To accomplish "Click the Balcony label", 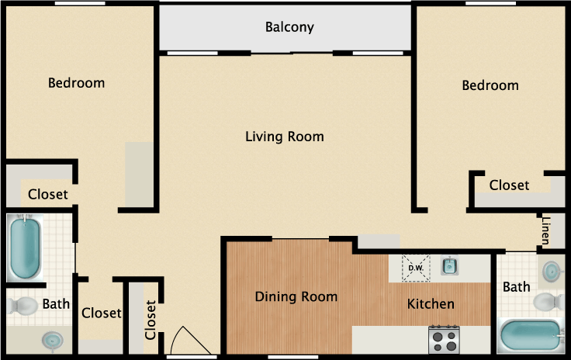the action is [x=289, y=27].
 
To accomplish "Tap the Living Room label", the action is [x=285, y=137].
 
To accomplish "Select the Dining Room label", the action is [x=296, y=296].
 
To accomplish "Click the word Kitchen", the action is [x=431, y=304].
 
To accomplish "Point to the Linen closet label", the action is [x=545, y=230].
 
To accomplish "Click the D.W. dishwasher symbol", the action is [x=416, y=268].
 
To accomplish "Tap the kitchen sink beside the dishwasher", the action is [x=450, y=265].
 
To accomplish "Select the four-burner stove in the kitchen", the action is [x=444, y=339].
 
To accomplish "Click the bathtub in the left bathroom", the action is [x=25, y=247].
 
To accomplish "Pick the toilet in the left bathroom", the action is [x=22, y=306].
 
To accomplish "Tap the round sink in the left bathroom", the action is [x=53, y=341].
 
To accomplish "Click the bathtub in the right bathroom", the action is [x=530, y=335].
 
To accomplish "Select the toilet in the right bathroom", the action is [x=549, y=302].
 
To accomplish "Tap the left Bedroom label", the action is [x=77, y=83].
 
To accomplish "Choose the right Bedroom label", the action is [x=490, y=85].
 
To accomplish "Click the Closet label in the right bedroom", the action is [x=509, y=185].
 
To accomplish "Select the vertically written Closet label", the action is [x=151, y=320].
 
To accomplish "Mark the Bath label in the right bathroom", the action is [x=517, y=287].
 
